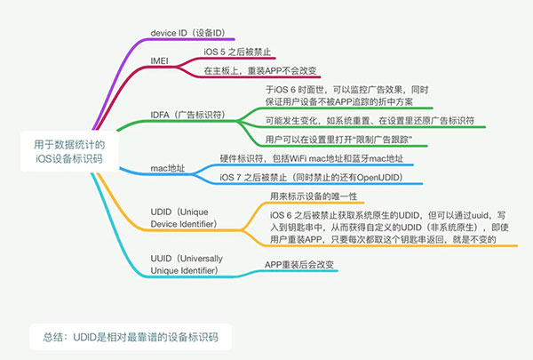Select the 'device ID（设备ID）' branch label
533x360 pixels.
187,33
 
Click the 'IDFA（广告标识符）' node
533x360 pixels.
187,116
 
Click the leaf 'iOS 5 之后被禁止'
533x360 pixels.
238,52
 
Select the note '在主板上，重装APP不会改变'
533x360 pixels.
260,70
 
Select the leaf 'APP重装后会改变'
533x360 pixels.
299,265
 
